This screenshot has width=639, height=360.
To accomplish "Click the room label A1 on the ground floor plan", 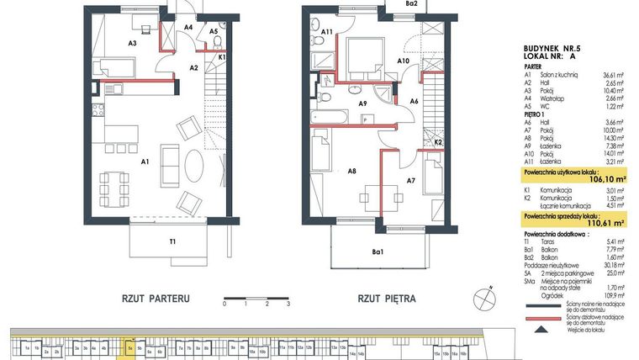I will (x=145, y=161).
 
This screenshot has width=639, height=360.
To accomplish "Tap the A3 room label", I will (x=132, y=41).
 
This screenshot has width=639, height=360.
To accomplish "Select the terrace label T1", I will (x=172, y=242).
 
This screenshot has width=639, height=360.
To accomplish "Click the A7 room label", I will (x=410, y=180).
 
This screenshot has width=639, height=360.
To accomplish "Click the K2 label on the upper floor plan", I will (x=438, y=143).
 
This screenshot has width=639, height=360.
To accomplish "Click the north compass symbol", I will (x=483, y=298).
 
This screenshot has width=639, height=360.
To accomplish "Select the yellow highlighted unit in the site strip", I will (x=130, y=346).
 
